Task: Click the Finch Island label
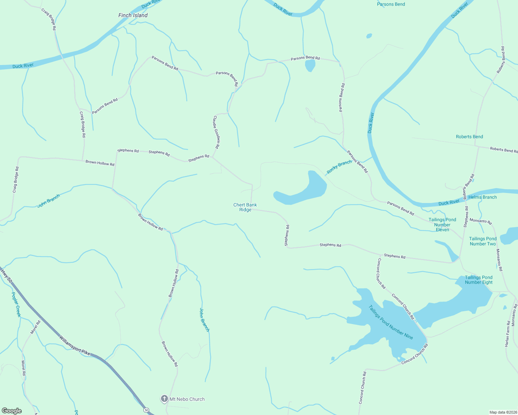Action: tap(133, 15)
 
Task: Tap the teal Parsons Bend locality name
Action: tap(391, 4)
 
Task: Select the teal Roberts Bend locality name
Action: tap(469, 137)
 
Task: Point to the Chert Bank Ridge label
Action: tap(245, 207)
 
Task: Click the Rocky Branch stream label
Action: tap(339, 167)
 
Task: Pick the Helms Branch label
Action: tap(482, 197)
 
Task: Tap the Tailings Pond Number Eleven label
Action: tap(442, 224)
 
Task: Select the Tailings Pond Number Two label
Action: tap(483, 241)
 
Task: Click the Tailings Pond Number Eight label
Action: tap(479, 280)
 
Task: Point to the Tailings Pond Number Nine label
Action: tap(391, 322)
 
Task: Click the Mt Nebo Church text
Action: tap(187, 399)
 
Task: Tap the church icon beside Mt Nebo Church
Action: tap(164, 399)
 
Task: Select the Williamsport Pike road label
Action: tap(74, 345)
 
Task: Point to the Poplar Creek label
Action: tap(16, 304)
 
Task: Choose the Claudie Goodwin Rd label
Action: tap(216, 132)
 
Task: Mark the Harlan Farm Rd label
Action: tap(507, 334)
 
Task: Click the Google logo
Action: tap(11, 411)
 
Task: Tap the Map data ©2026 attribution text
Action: tap(503, 412)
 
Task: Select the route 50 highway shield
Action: tap(147, 410)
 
